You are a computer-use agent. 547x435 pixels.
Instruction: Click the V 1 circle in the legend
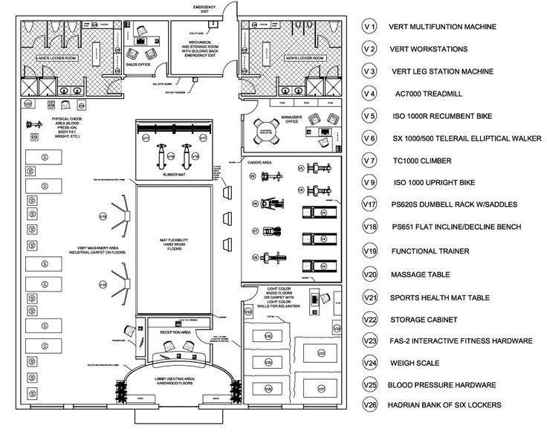click(369, 27)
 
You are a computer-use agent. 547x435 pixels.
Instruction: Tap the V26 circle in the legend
click(369, 405)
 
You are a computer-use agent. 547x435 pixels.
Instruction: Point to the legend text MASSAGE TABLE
click(420, 274)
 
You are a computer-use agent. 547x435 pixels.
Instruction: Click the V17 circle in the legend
click(369, 204)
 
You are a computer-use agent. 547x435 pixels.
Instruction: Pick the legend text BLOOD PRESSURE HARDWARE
click(444, 385)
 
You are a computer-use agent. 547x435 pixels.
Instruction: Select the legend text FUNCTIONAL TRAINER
click(430, 251)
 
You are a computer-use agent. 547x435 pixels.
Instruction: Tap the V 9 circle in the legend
click(369, 182)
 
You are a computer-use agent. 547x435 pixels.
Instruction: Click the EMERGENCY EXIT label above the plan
click(204, 9)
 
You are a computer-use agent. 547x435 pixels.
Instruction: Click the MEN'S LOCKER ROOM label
click(305, 57)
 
